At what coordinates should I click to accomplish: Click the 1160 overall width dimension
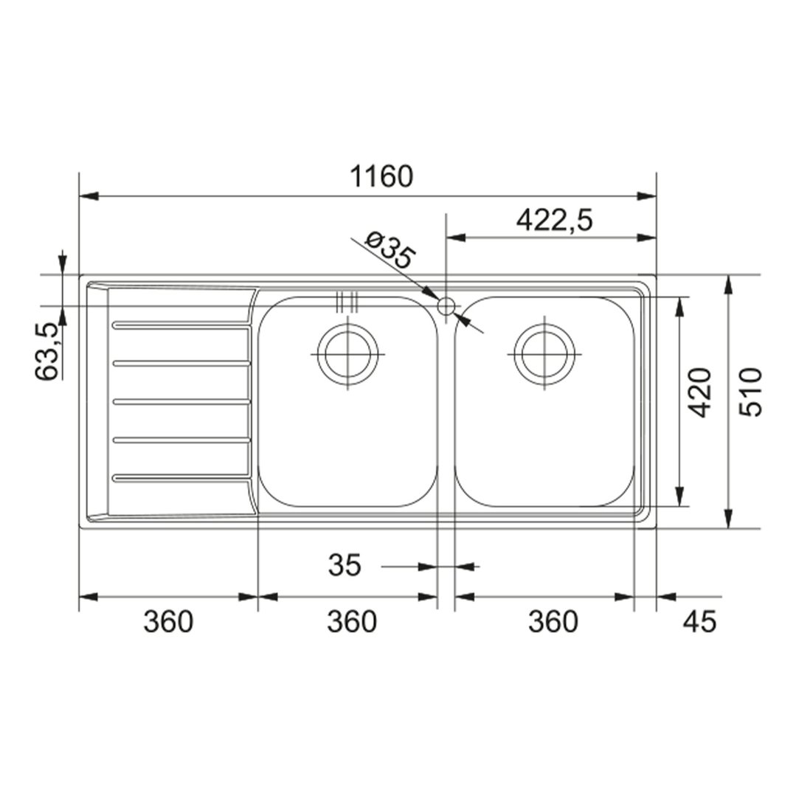point(381,176)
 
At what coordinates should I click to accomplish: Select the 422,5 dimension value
point(554,221)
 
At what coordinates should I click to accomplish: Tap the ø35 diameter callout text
point(390,250)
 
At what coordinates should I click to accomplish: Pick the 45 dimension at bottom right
point(699,621)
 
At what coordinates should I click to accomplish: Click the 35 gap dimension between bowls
point(345,565)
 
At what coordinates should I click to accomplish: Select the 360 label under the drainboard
point(168,621)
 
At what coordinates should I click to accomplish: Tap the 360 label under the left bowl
point(352,621)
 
